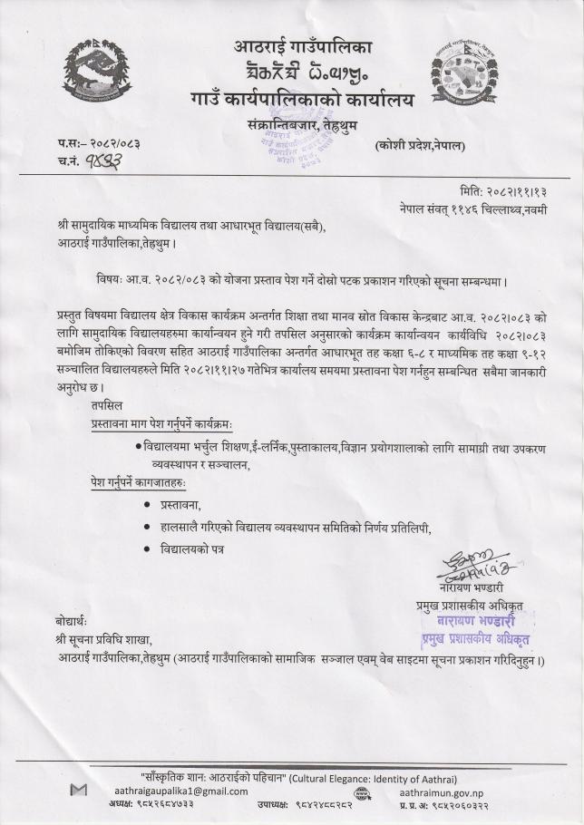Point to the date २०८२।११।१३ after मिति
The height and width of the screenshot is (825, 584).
tap(516, 192)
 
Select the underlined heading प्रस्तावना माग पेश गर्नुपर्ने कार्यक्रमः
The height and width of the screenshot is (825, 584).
tap(161, 424)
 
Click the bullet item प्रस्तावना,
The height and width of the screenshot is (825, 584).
tap(180, 504)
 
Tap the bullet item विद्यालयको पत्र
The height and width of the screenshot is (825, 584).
tap(191, 549)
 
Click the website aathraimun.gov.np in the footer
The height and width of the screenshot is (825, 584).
tap(440, 791)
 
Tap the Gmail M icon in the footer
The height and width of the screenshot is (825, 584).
tap(79, 791)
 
